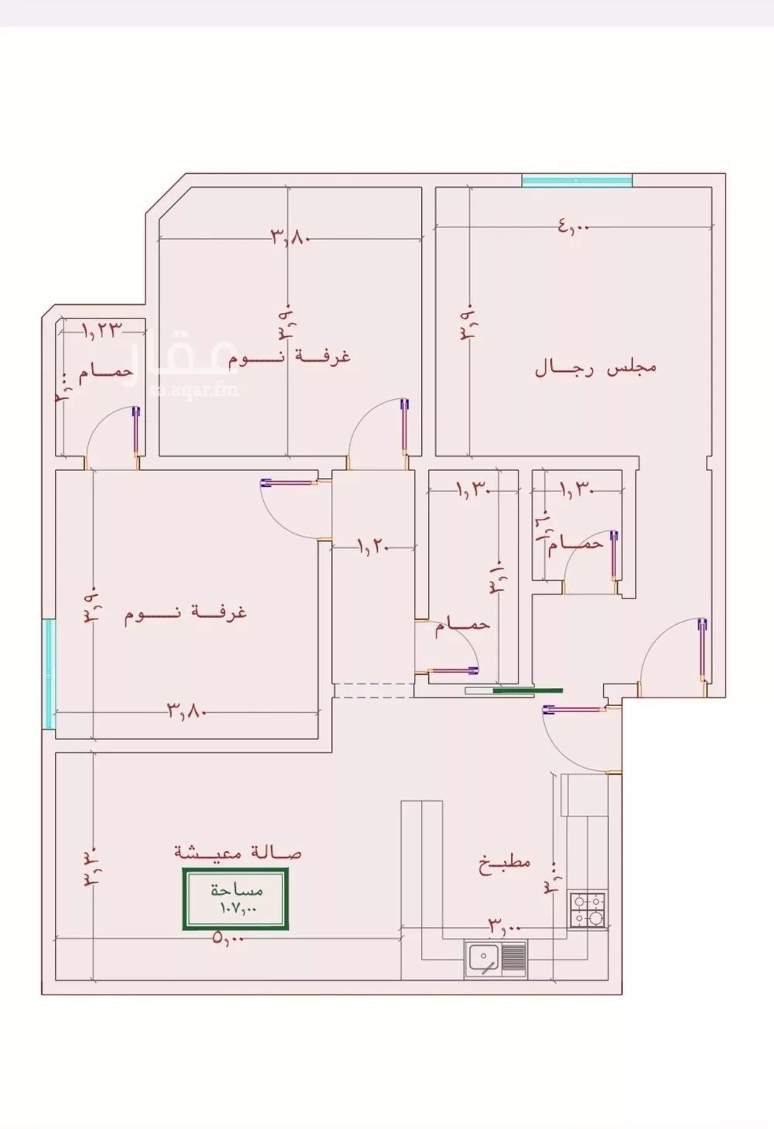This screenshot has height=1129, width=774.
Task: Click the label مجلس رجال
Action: (595, 367)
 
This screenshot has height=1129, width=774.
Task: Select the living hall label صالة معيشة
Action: (238, 852)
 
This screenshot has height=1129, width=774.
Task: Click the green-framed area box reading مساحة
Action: (235, 899)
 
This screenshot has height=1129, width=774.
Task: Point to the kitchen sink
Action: (495, 959)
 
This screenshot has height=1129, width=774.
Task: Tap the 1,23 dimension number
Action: (103, 330)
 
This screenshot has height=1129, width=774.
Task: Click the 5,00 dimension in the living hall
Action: (228, 939)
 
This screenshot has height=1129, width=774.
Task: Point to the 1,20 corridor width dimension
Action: (372, 547)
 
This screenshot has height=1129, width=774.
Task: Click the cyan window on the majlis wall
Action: (577, 181)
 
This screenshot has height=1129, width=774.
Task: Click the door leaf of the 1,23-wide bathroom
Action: (137, 435)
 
